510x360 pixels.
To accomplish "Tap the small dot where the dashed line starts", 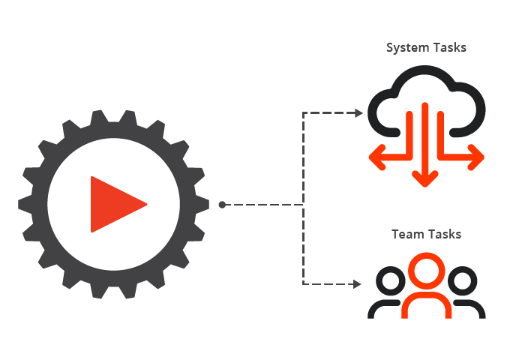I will (x=222, y=204).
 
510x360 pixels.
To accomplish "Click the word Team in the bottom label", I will (x=407, y=234).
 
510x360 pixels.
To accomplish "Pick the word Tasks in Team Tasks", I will (x=445, y=234).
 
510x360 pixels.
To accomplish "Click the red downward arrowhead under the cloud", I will (x=426, y=181).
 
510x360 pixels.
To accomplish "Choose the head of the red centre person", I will (x=426, y=271).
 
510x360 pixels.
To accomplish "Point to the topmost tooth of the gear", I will (x=114, y=115).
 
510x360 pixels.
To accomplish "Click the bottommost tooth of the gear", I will (x=114, y=293).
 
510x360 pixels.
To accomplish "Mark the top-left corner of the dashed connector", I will (x=303, y=113).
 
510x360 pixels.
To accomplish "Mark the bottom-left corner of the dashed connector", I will (x=303, y=284).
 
